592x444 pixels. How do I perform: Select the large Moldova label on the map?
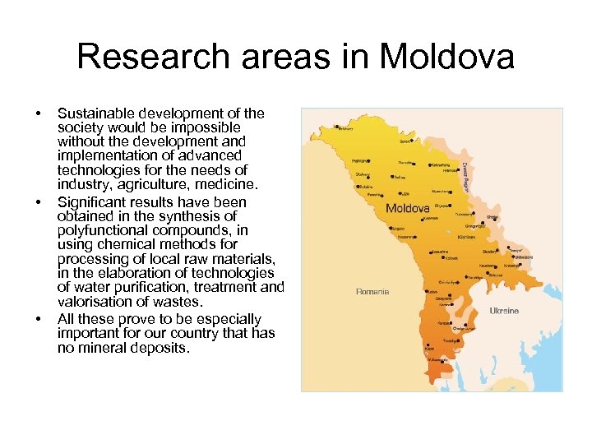coord(408,206)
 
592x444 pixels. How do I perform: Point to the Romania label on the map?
coord(372,291)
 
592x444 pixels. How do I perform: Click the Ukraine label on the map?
coord(504,311)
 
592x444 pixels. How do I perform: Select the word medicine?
coord(231,183)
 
